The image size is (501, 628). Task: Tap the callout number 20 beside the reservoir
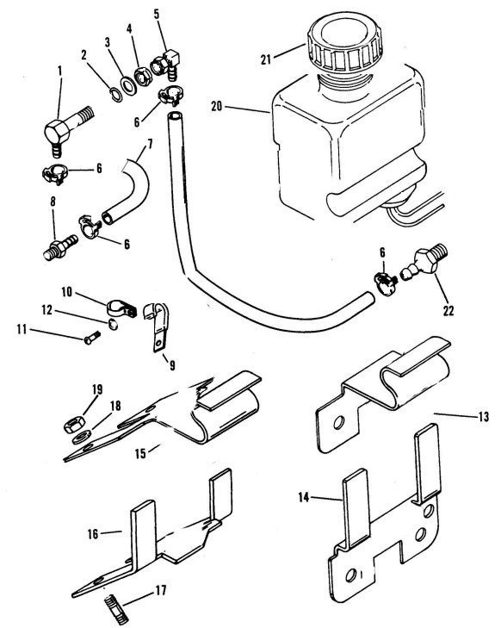click(x=216, y=107)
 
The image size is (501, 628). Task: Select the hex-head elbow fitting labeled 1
click(x=67, y=129)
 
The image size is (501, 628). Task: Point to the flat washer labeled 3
click(x=128, y=86)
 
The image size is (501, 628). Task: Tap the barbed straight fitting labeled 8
click(x=60, y=247)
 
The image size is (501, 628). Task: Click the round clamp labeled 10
click(x=121, y=308)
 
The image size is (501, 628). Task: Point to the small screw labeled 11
click(x=92, y=339)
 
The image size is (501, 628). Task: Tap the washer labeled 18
click(x=81, y=437)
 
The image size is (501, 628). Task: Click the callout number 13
click(x=484, y=417)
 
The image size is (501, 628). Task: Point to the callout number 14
click(x=304, y=497)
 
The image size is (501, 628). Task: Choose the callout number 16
click(x=93, y=534)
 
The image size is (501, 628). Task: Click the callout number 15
click(x=140, y=454)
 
